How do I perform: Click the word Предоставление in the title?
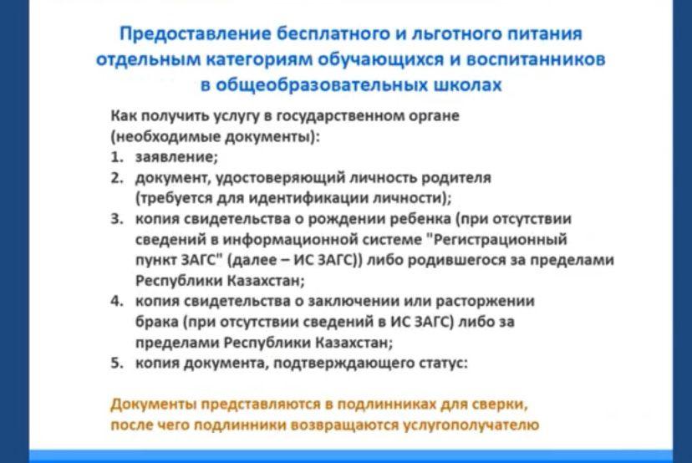195,34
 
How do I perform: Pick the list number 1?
116,157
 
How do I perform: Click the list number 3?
116,219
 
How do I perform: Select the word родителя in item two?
455,178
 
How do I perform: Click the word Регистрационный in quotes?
501,240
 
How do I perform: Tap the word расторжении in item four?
485,302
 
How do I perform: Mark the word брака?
156,323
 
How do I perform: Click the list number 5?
116,363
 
